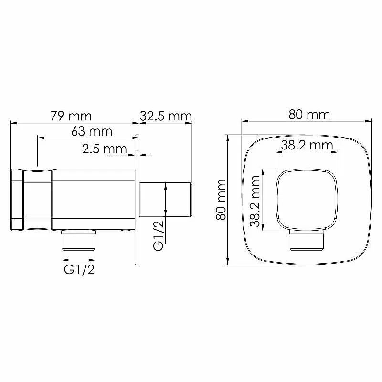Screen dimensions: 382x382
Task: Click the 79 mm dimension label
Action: click(71, 116)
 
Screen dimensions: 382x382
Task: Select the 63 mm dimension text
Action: click(92, 132)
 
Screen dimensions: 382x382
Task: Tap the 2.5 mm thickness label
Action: click(105, 149)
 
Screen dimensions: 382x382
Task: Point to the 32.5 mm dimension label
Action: click(166, 116)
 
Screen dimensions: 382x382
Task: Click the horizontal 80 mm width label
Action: click(309, 115)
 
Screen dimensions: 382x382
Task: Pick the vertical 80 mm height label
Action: click(221, 200)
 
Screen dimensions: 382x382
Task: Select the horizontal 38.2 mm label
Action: click(307, 146)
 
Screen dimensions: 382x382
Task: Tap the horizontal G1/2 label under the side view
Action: click(79, 270)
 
